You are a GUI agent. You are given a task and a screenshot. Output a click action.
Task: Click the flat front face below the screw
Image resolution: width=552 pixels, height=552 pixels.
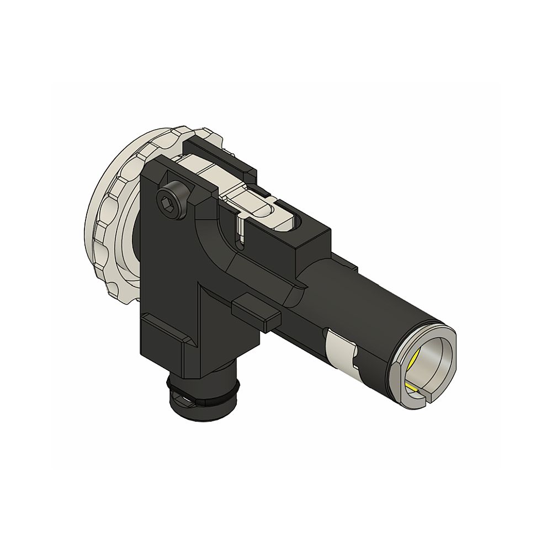coord(166,265)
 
